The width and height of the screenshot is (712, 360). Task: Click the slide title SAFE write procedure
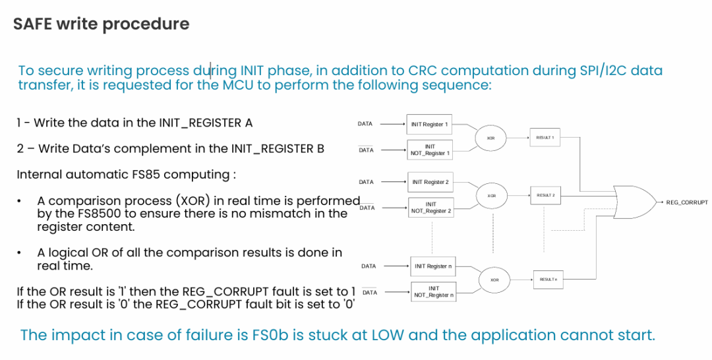pos(102,24)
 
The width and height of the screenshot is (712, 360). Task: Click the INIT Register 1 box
pos(429,124)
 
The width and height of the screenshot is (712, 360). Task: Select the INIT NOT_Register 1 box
pos(430,150)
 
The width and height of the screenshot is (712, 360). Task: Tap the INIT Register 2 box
pos(430,182)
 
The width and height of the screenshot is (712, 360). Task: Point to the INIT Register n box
pos(432,266)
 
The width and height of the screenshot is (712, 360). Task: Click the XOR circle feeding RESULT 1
pos(491,138)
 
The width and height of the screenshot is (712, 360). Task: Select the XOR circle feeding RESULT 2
pos(491,196)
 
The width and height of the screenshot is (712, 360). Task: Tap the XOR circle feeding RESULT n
pos(494,280)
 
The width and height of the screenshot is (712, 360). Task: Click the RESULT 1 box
pos(545,137)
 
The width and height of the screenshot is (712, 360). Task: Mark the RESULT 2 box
pos(545,195)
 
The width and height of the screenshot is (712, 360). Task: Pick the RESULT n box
pos(549,280)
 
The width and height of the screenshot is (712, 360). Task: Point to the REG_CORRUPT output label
pos(687,202)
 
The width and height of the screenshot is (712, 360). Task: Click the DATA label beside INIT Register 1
pos(365,124)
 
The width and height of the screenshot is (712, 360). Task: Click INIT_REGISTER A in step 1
pos(206,123)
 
